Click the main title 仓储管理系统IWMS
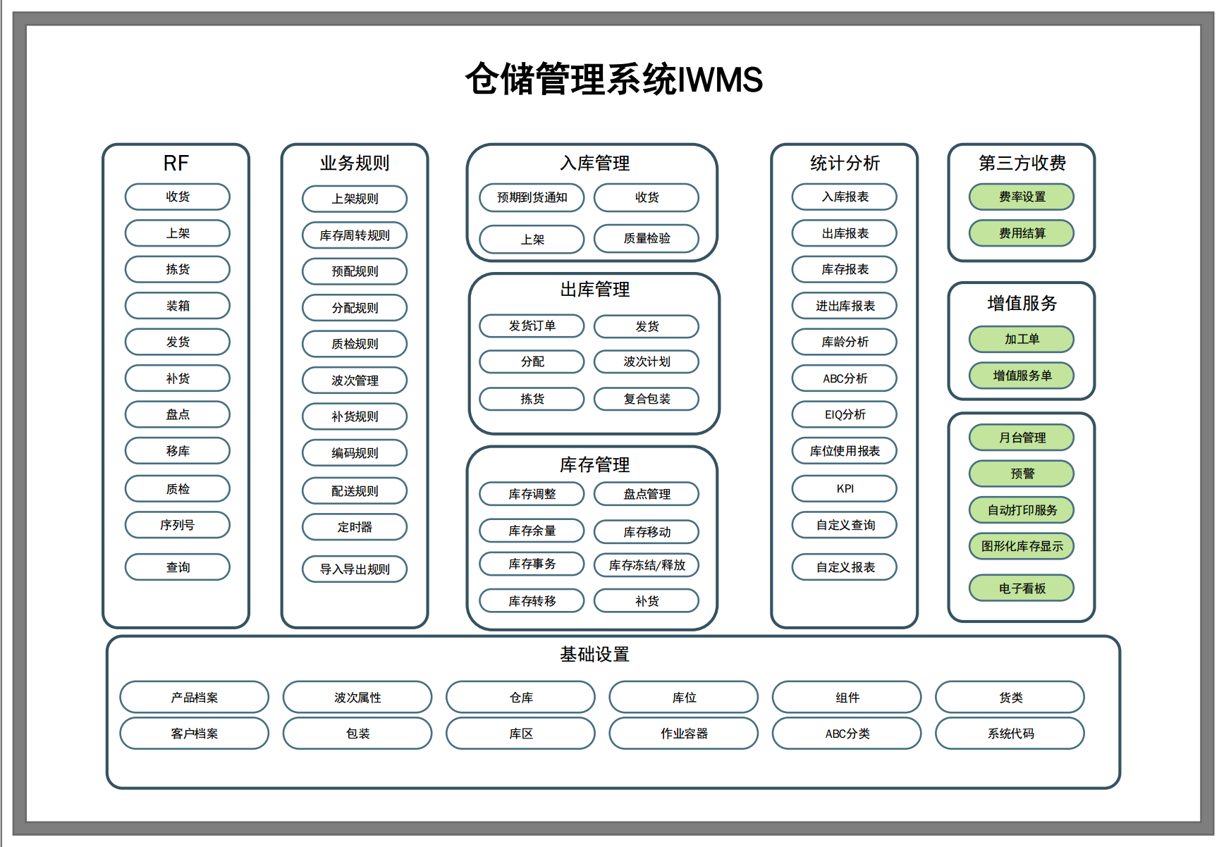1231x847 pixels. (614, 79)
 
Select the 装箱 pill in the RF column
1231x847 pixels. (178, 306)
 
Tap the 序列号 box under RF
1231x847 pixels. (178, 525)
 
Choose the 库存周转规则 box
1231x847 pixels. (355, 235)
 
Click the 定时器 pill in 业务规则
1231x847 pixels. (355, 527)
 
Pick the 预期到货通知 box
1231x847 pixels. (532, 197)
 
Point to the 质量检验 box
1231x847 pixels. (647, 238)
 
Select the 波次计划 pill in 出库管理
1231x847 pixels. (647, 361)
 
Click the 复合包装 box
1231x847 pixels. (647, 399)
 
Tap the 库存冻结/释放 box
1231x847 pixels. (647, 565)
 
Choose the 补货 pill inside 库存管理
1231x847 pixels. (647, 601)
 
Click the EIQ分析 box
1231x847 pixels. (845, 414)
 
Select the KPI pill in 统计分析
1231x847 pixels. (845, 488)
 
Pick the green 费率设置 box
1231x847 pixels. (1022, 197)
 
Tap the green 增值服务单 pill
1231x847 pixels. (1022, 376)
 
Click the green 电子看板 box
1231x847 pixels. (1022, 588)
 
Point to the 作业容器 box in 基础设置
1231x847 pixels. (684, 734)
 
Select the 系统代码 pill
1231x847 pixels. (1010, 734)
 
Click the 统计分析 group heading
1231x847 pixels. (845, 163)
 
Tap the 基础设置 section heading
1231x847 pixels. (594, 655)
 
